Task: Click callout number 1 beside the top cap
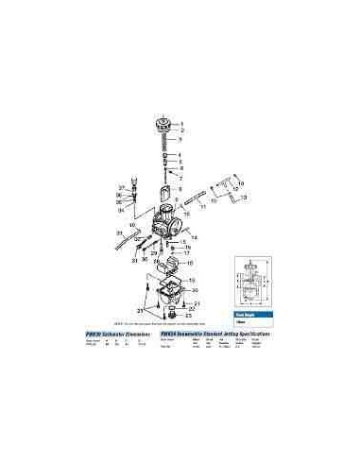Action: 181,123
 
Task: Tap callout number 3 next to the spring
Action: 181,140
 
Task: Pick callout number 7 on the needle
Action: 181,176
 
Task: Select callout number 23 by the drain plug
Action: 189,315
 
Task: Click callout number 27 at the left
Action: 122,187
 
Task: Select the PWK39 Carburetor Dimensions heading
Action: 122,335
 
